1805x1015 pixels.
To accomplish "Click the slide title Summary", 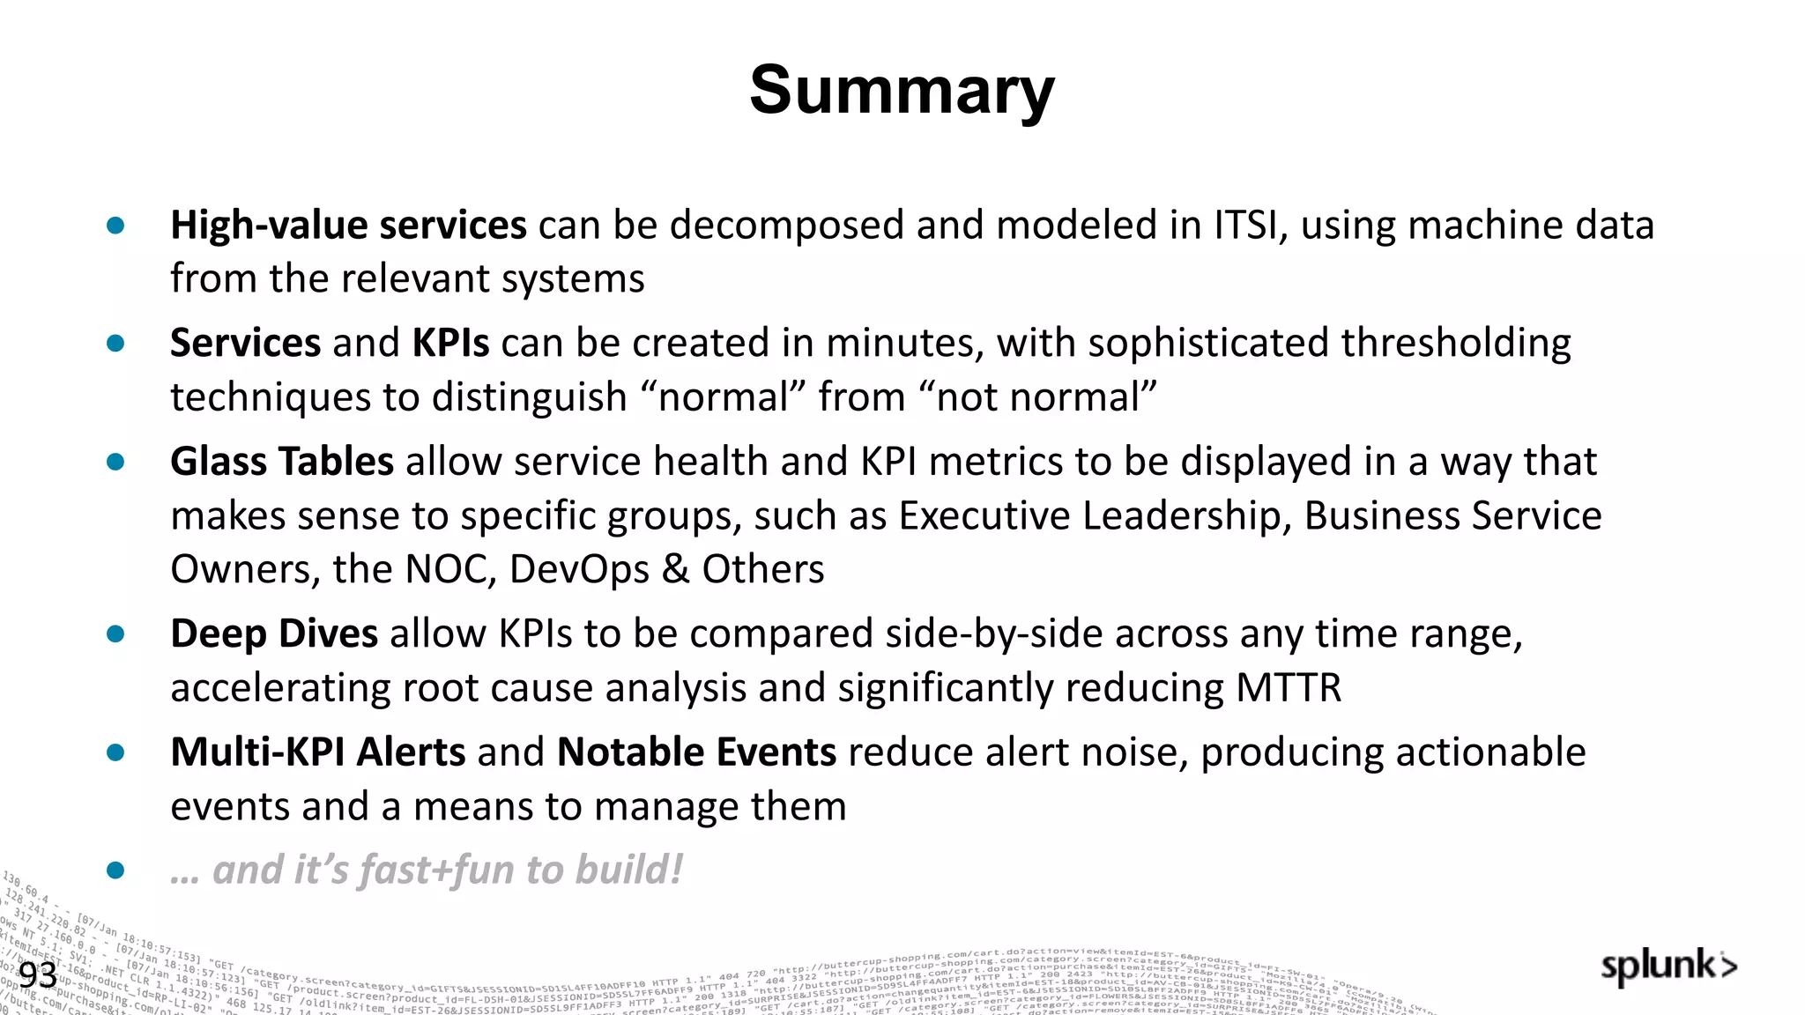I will coord(902,91).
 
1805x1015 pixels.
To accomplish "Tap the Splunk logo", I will coord(1668,967).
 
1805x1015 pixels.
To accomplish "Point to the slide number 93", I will coord(38,975).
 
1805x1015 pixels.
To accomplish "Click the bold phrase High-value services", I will coord(348,226).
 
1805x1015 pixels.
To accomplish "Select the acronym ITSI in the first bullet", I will coord(1245,226).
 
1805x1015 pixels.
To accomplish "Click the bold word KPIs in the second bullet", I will coord(450,343).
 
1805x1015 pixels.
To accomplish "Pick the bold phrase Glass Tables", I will coord(282,462).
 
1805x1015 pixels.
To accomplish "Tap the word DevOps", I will coord(579,569).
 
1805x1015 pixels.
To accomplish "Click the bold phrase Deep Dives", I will coord(274,634).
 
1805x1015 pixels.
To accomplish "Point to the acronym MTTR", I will coord(1289,688).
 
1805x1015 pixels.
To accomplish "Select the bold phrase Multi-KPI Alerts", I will coord(317,752).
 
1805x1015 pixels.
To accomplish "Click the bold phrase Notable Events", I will coord(696,752).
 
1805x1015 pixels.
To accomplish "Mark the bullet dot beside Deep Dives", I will coord(115,634).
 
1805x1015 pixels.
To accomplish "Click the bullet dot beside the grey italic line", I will coord(115,871).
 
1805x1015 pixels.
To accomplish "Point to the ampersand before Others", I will coord(675,569).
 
